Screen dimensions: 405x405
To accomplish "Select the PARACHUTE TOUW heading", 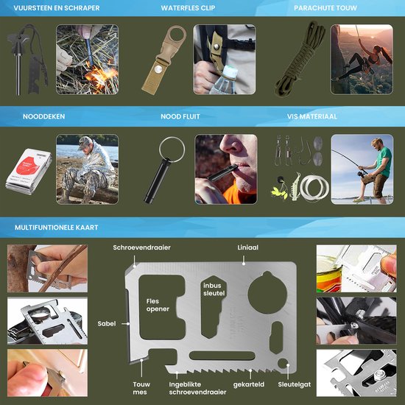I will tap(323, 9).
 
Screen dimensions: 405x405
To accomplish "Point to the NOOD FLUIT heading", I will tap(178, 116).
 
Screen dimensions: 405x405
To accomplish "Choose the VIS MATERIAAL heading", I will tap(312, 116).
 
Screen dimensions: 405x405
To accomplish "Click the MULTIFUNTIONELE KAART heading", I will tap(52, 228).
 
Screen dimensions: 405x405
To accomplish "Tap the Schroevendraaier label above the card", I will tap(142, 248).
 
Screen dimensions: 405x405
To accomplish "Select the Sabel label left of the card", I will tap(107, 323).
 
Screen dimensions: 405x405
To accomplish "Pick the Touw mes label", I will tap(141, 388).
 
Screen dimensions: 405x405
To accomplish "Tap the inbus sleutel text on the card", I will tap(214, 289).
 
